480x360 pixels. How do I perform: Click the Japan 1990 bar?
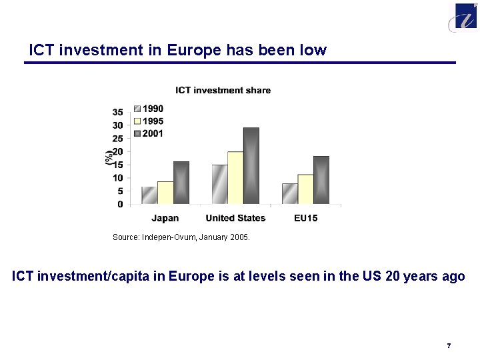(149, 195)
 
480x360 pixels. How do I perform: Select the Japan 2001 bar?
(181, 183)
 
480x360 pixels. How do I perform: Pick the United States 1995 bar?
(235, 178)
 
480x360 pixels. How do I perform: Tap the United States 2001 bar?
(251, 166)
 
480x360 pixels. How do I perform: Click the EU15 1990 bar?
(289, 193)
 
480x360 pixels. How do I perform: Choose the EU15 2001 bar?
(321, 180)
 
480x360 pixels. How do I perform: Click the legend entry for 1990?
(149, 109)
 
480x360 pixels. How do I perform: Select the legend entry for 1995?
(149, 121)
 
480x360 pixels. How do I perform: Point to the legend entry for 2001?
(149, 134)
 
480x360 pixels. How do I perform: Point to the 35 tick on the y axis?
(117, 112)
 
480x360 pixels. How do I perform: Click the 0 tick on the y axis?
(120, 204)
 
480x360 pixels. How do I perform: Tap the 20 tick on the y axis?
(117, 151)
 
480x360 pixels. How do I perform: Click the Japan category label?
(165, 218)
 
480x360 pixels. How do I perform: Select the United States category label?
(235, 218)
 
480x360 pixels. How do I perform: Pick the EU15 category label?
(305, 218)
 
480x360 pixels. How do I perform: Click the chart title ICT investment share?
(223, 90)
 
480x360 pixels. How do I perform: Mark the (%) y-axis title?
(108, 158)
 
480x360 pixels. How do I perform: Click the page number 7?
(449, 345)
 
